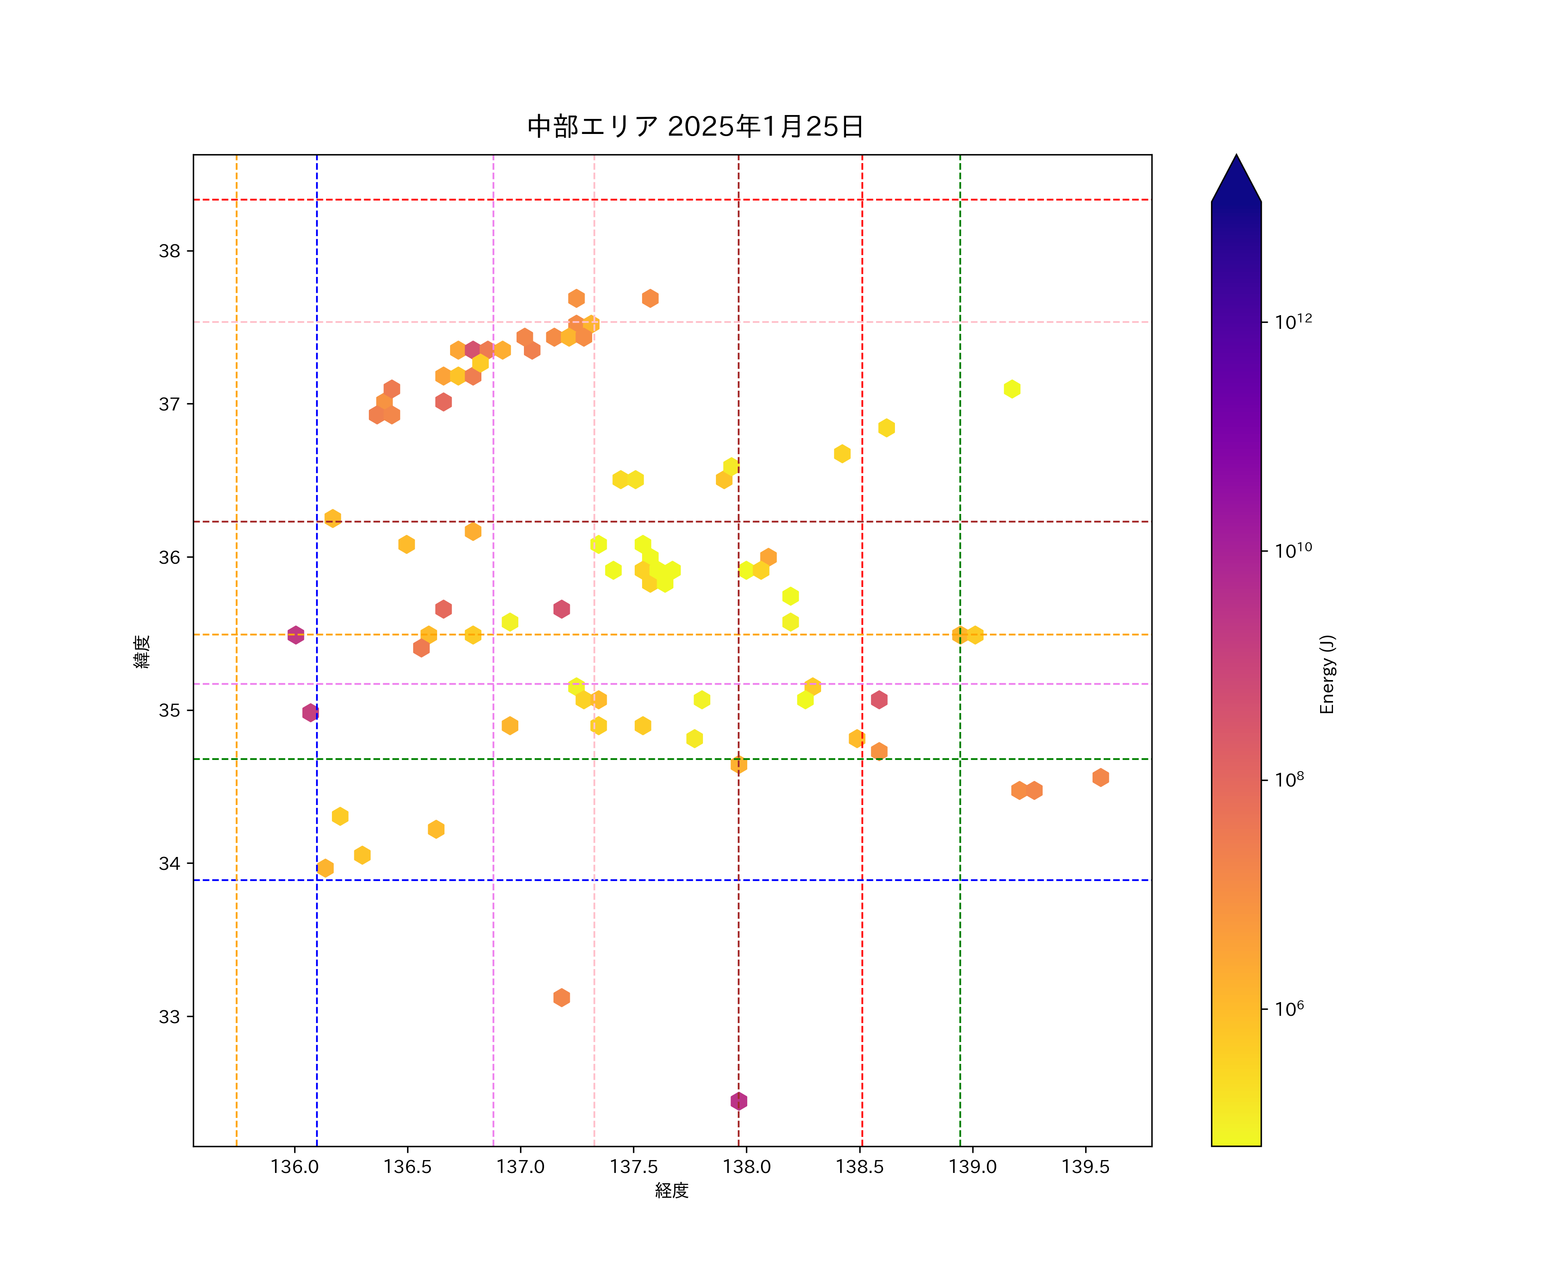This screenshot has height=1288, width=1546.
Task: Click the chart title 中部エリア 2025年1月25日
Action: [x=695, y=127]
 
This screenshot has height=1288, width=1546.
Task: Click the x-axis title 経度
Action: [x=671, y=1190]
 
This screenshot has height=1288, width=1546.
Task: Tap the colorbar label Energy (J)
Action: [x=1327, y=674]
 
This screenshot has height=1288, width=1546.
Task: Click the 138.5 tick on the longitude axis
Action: [x=859, y=1166]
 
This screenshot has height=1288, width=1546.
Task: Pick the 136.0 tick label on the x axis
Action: [x=295, y=1166]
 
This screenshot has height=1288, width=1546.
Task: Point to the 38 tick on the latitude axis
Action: [x=169, y=251]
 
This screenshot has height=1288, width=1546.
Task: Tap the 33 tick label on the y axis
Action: [x=169, y=1016]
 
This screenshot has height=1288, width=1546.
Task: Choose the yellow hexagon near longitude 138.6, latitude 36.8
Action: [x=886, y=428]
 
